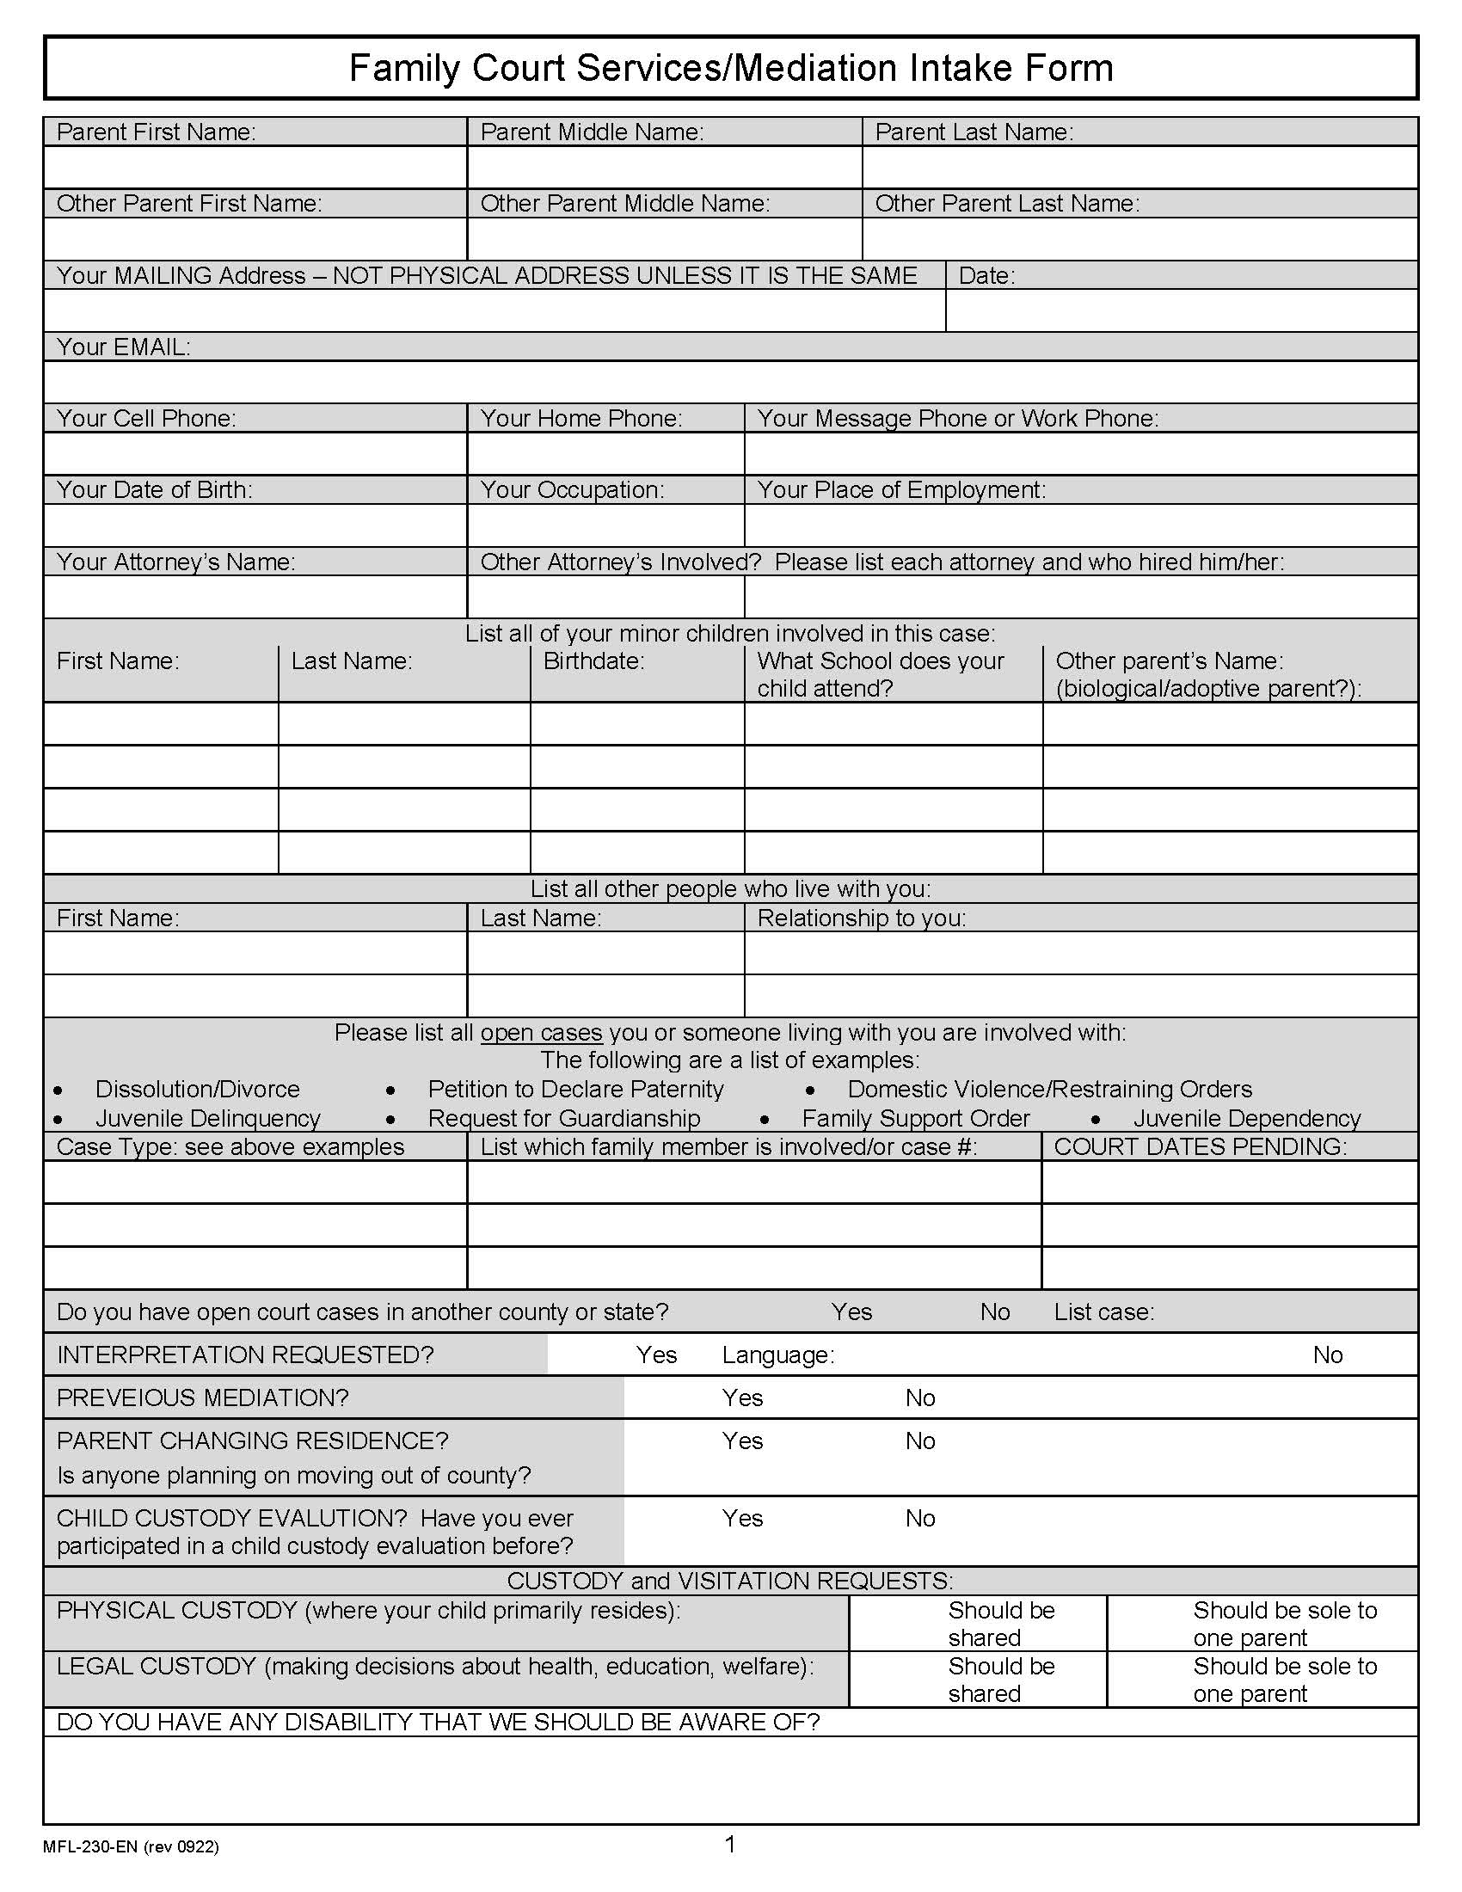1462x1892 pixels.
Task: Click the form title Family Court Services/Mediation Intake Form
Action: tap(730, 68)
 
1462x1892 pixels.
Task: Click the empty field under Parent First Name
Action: tap(255, 167)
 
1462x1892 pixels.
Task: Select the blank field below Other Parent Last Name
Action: tap(1139, 239)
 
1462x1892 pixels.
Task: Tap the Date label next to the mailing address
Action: tap(986, 275)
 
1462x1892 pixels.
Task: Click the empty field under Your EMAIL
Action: tap(730, 382)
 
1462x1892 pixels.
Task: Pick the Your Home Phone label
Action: tap(581, 419)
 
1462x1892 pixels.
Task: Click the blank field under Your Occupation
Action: tap(605, 525)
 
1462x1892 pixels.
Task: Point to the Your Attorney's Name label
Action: tap(175, 562)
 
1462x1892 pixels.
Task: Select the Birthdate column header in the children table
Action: tap(593, 661)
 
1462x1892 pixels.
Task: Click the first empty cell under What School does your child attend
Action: tap(893, 723)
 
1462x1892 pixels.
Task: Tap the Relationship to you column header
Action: tap(861, 918)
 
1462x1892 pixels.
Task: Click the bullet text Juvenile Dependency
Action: tap(1246, 1118)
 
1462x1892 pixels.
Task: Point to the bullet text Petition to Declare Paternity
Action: tap(575, 1089)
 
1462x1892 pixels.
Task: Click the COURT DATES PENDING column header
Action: tap(1200, 1146)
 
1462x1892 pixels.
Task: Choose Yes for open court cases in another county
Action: tap(851, 1311)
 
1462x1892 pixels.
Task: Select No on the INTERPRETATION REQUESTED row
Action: tap(1327, 1354)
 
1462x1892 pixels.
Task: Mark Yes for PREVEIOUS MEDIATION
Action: tap(742, 1397)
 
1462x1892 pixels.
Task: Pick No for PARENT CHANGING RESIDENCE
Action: tap(920, 1440)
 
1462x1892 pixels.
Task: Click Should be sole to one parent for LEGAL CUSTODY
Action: tap(1284, 1680)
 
